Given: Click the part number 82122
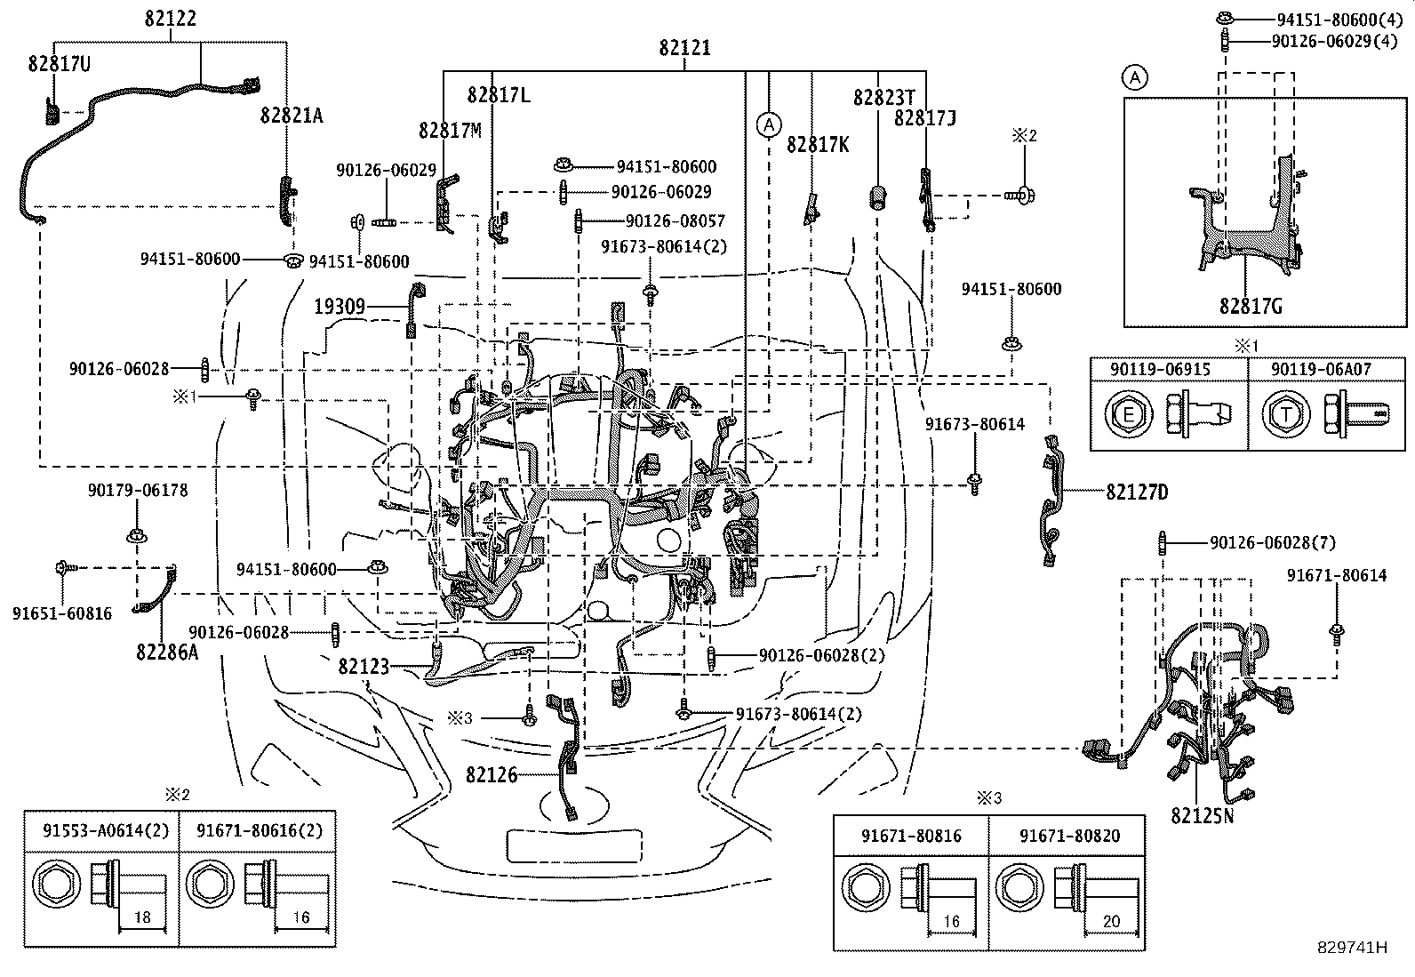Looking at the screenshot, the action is [x=170, y=19].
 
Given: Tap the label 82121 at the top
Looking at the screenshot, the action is [x=684, y=48].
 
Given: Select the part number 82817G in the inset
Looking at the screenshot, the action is [x=1251, y=307].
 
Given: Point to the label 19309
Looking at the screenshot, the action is [x=340, y=307].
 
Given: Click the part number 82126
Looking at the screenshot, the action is [x=492, y=775].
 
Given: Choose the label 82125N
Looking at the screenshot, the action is [x=1202, y=816].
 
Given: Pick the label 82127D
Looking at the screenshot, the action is [x=1137, y=492].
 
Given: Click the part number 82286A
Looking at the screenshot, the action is [x=167, y=653].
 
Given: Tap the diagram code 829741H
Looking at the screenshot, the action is [x=1352, y=948].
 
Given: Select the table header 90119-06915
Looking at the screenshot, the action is [x=1161, y=370].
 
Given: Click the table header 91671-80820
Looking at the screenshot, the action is [x=1069, y=836].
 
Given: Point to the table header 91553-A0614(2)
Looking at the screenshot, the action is [x=106, y=830].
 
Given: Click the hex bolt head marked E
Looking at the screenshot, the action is [x=1128, y=415].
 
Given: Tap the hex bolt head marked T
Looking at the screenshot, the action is [x=1285, y=415].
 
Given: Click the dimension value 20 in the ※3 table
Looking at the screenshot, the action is [x=1111, y=921].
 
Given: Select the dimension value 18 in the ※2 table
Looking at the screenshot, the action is [x=142, y=917].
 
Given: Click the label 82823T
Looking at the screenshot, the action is [x=883, y=98].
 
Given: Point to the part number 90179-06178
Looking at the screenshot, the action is [x=138, y=491].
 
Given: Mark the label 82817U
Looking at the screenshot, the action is [x=60, y=64].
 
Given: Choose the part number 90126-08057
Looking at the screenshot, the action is [x=676, y=221].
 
